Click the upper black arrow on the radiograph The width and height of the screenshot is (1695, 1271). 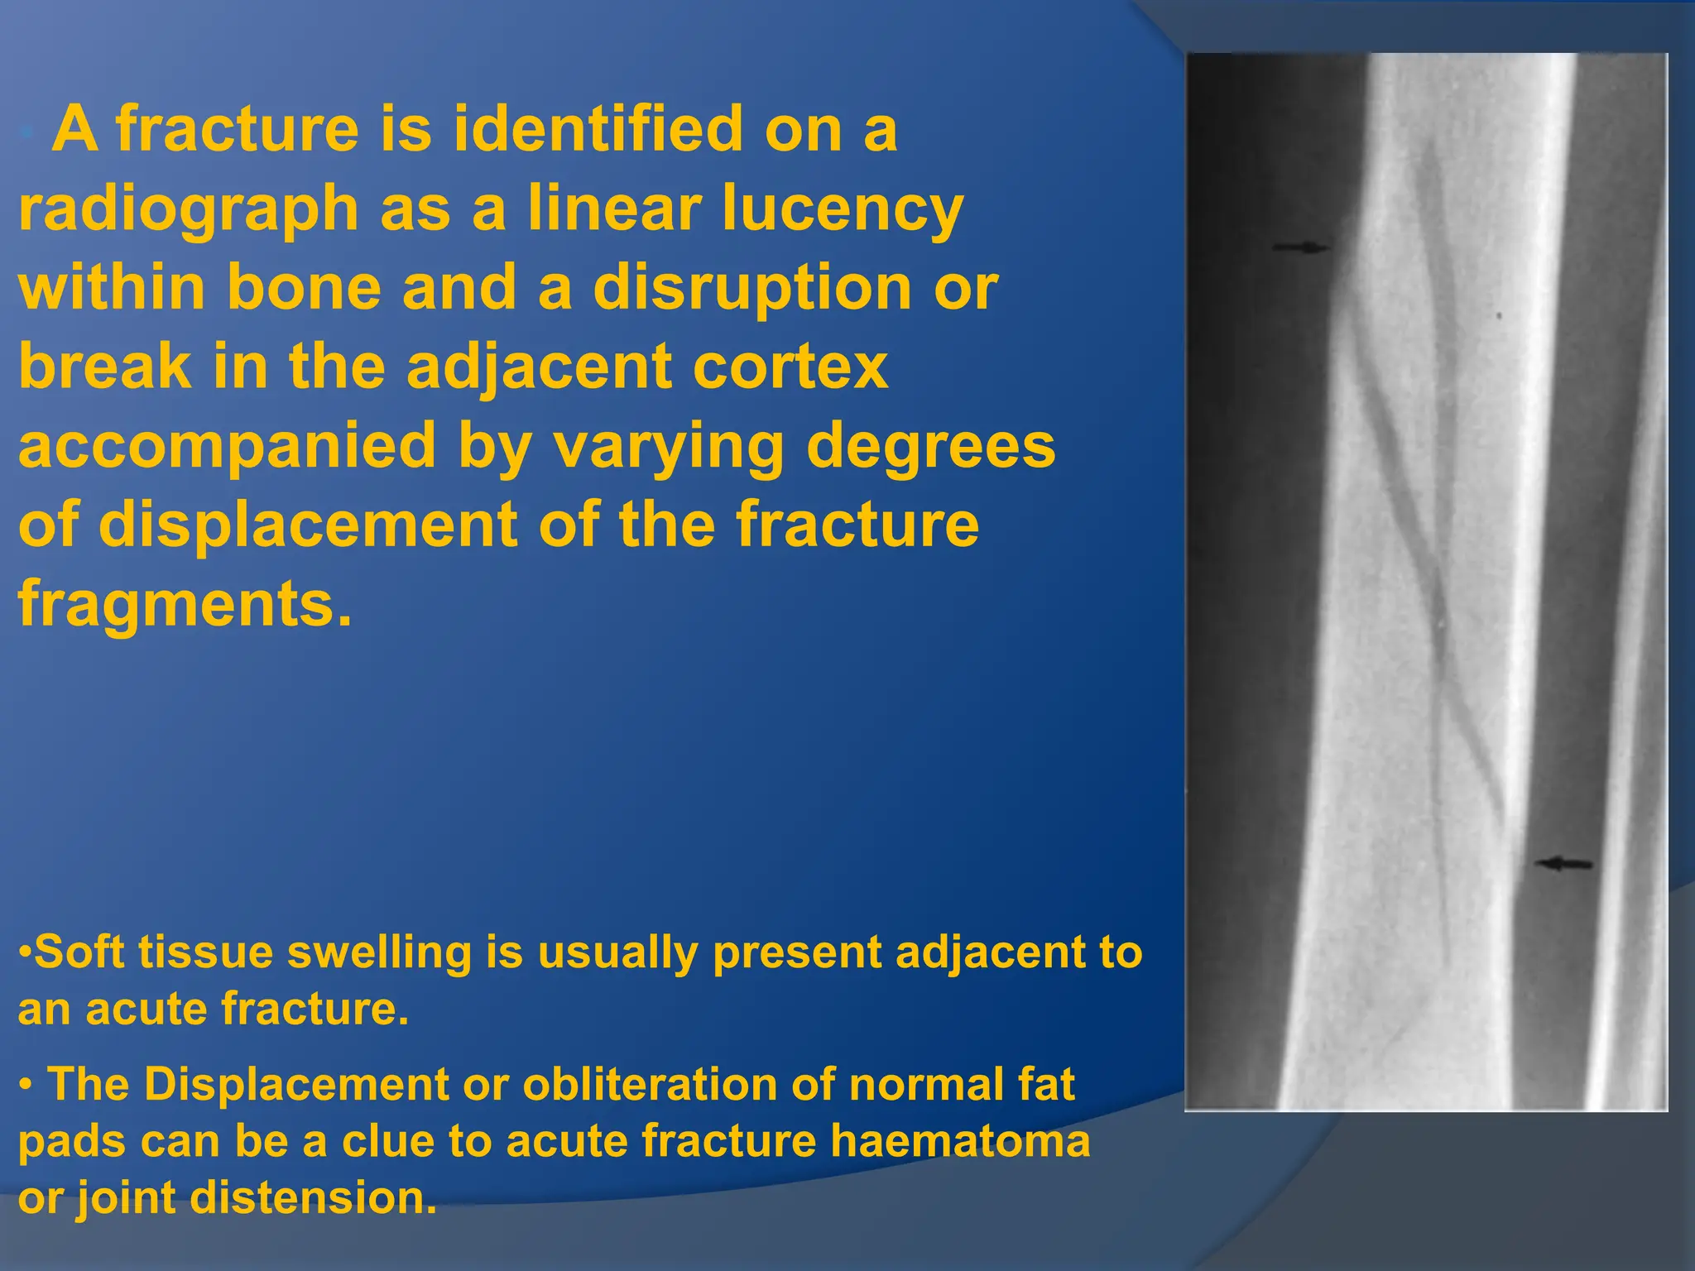point(1301,247)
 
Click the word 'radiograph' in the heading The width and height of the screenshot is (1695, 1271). point(189,209)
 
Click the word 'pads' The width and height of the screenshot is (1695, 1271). point(70,1142)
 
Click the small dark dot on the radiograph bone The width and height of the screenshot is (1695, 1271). point(1499,315)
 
